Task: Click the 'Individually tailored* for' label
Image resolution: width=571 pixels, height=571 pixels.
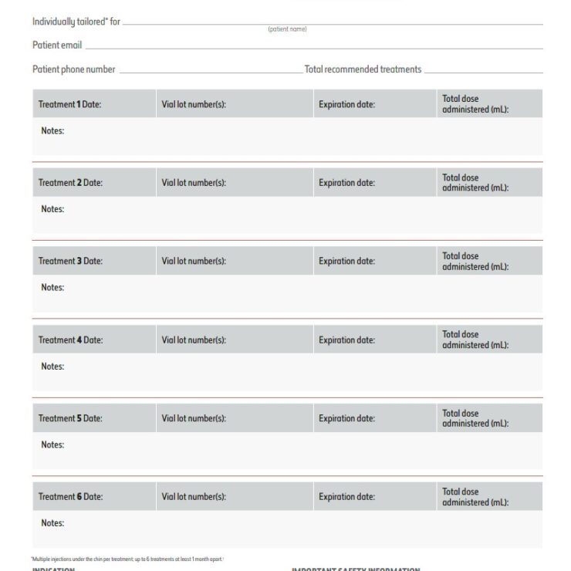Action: point(76,22)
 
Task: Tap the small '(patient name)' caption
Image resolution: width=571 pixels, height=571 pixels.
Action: point(288,29)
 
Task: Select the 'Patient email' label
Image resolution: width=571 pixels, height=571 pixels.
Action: point(57,46)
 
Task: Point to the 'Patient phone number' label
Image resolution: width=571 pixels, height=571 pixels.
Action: point(74,69)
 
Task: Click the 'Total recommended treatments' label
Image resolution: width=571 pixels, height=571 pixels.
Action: point(363,69)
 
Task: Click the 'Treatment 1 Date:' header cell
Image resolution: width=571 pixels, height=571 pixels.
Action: point(70,104)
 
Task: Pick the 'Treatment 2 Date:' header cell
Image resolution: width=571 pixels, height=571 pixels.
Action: point(70,183)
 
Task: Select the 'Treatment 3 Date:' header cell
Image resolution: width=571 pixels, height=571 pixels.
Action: point(70,261)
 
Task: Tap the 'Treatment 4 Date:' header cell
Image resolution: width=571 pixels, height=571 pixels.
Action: point(70,340)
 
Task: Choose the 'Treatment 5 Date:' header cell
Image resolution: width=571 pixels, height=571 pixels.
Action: point(70,418)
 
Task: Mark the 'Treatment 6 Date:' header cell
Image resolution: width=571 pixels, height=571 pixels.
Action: point(70,497)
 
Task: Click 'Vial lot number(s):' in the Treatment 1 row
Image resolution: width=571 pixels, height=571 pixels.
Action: point(194,104)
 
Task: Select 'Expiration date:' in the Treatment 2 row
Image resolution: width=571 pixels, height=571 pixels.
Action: point(346,183)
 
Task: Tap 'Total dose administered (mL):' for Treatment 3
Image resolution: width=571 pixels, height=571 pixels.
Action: point(475,261)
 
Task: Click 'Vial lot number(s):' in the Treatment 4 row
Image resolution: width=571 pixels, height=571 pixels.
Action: point(194,340)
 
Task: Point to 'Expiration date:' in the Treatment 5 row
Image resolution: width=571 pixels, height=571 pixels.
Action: point(346,418)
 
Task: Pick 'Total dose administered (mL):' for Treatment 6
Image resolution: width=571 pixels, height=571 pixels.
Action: point(475,497)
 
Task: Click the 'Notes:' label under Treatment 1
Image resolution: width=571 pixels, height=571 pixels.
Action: point(52,130)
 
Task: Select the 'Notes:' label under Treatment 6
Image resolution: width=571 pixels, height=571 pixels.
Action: point(52,523)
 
